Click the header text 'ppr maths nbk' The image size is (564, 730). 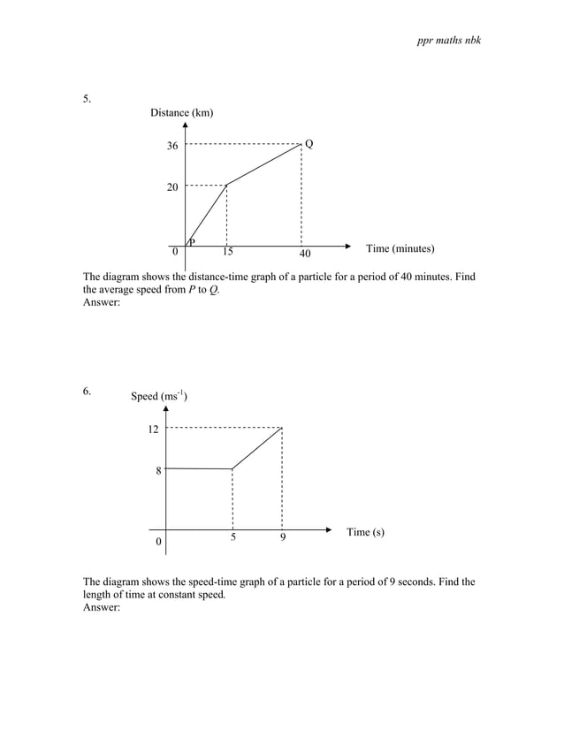(x=448, y=42)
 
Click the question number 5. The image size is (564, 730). (x=87, y=99)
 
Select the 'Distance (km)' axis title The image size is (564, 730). (x=181, y=113)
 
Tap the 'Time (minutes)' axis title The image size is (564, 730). (x=400, y=249)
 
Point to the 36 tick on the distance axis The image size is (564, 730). (x=172, y=146)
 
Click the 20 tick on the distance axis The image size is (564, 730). (x=172, y=187)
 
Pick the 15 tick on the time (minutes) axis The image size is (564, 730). (x=227, y=253)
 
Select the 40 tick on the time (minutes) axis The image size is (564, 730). (x=305, y=255)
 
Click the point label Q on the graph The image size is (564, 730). (x=309, y=143)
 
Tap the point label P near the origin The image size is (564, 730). (x=191, y=241)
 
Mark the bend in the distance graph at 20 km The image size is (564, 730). (x=227, y=185)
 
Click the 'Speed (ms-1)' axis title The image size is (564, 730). (x=158, y=396)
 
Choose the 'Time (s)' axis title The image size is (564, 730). (x=365, y=532)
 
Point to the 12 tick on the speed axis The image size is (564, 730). (x=153, y=430)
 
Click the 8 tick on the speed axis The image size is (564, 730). (x=158, y=471)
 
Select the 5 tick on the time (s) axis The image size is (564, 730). (x=232, y=536)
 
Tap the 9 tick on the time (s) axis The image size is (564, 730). (x=282, y=536)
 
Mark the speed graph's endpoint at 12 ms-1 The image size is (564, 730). (x=281, y=428)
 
